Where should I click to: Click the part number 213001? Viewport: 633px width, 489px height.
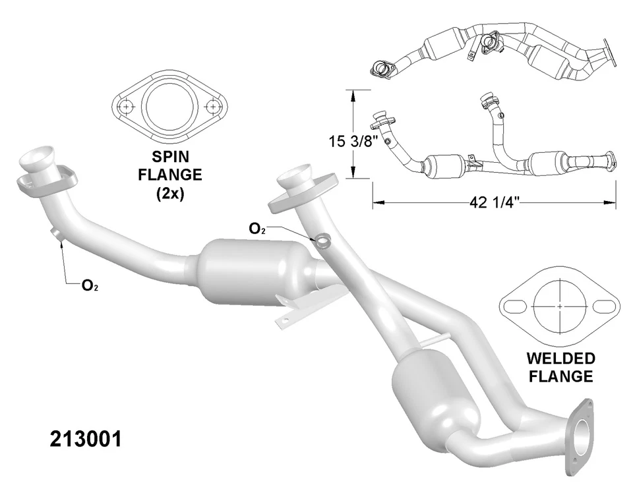85,438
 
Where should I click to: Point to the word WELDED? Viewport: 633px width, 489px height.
560,360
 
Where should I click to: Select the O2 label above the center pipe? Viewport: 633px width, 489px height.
257,229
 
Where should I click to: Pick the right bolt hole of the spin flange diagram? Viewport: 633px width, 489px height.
212,106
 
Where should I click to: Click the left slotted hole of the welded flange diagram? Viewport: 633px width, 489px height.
515,306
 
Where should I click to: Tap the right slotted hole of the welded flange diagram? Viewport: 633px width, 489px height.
603,306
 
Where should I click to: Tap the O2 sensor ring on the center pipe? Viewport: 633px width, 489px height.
322,241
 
